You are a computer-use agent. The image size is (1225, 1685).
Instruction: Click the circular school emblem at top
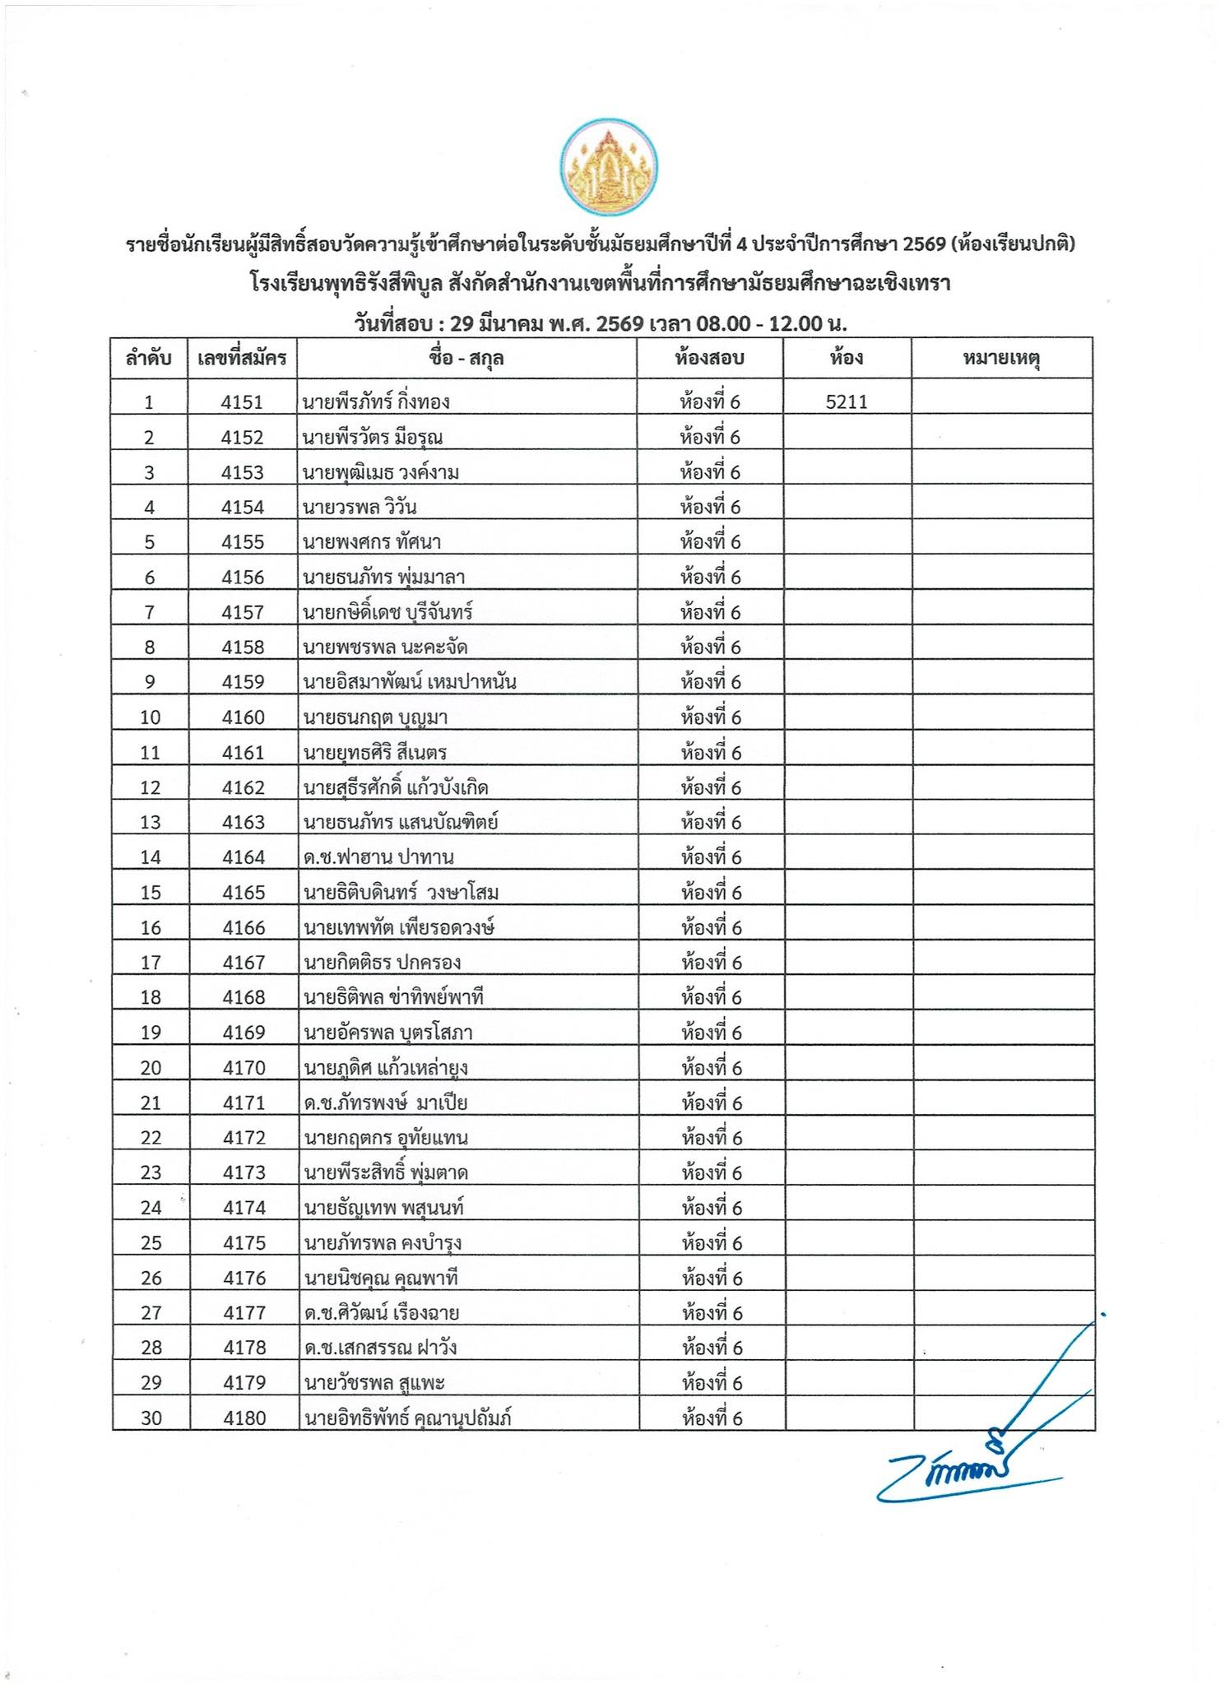[x=608, y=169]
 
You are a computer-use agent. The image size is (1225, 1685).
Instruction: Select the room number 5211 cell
[x=847, y=402]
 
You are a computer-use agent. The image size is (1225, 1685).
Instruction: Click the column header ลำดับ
[x=149, y=359]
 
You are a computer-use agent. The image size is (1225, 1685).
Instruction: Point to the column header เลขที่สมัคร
[x=242, y=359]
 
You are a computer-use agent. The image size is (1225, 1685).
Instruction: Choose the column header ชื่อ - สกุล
[x=466, y=359]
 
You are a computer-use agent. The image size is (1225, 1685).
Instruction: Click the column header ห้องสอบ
[x=709, y=359]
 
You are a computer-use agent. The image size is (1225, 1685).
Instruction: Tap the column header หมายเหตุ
[x=1001, y=359]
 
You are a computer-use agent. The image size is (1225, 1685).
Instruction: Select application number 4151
[x=242, y=402]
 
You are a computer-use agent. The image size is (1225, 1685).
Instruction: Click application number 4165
[x=244, y=893]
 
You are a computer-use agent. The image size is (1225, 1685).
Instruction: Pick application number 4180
[x=244, y=1418]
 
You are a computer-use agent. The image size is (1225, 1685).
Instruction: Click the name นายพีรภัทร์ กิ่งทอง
[x=376, y=402]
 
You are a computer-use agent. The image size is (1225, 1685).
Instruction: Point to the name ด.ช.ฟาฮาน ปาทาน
[x=378, y=857]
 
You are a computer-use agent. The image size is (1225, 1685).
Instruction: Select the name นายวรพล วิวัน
[x=360, y=507]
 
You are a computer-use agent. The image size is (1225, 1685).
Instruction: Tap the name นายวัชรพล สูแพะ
[x=374, y=1383]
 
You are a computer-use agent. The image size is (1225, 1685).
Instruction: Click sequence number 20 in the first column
[x=151, y=1068]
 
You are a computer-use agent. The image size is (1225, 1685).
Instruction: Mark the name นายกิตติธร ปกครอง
[x=382, y=963]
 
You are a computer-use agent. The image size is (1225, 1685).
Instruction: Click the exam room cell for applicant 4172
[x=712, y=1138]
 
